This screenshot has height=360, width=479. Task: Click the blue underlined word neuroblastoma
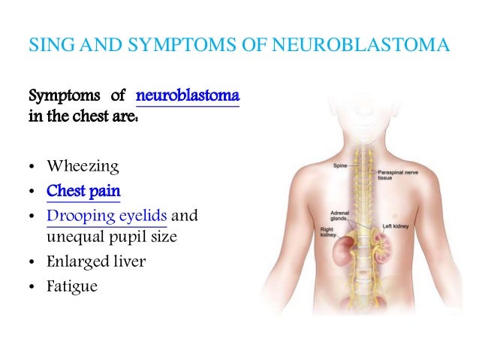[x=187, y=98]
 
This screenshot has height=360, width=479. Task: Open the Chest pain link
[x=83, y=191]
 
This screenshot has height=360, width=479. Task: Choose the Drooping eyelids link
[x=107, y=216]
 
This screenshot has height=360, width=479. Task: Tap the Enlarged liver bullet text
[x=95, y=262]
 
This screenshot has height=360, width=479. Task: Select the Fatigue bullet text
[x=72, y=286]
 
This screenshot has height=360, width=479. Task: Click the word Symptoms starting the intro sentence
[x=59, y=98]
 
